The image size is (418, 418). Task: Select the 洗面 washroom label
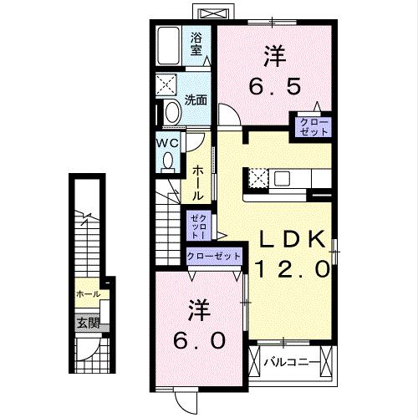(x=196, y=99)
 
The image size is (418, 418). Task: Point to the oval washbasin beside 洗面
(x=173, y=111)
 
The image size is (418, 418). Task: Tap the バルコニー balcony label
(x=289, y=362)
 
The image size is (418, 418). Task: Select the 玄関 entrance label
(x=88, y=323)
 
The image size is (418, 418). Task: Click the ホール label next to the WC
(x=197, y=181)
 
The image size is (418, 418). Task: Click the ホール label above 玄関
(x=88, y=294)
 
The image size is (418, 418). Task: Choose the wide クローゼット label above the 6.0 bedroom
(x=213, y=256)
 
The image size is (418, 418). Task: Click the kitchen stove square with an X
(x=257, y=178)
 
